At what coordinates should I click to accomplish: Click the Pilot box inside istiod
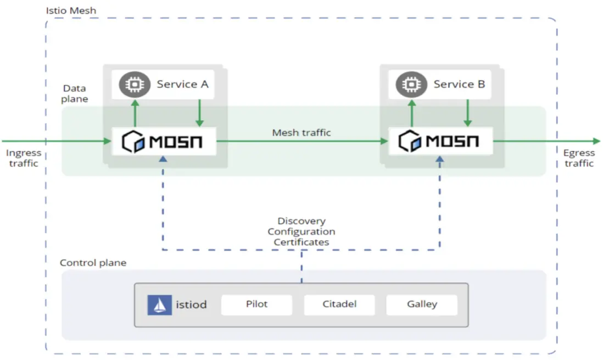point(256,304)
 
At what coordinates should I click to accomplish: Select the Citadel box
point(339,304)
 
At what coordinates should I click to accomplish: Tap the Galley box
point(422,304)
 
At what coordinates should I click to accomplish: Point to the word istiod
point(191,304)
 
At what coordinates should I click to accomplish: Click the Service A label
point(183,84)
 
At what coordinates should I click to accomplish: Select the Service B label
point(460,84)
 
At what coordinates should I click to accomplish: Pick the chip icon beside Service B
point(410,84)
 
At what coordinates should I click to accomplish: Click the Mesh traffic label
point(302,132)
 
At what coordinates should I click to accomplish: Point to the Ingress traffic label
point(24,158)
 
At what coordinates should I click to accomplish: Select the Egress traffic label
point(579,158)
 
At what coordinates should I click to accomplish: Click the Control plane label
point(93,263)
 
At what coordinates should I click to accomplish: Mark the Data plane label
point(75,93)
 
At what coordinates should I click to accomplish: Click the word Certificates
point(302,242)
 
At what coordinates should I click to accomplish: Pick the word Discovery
point(302,221)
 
